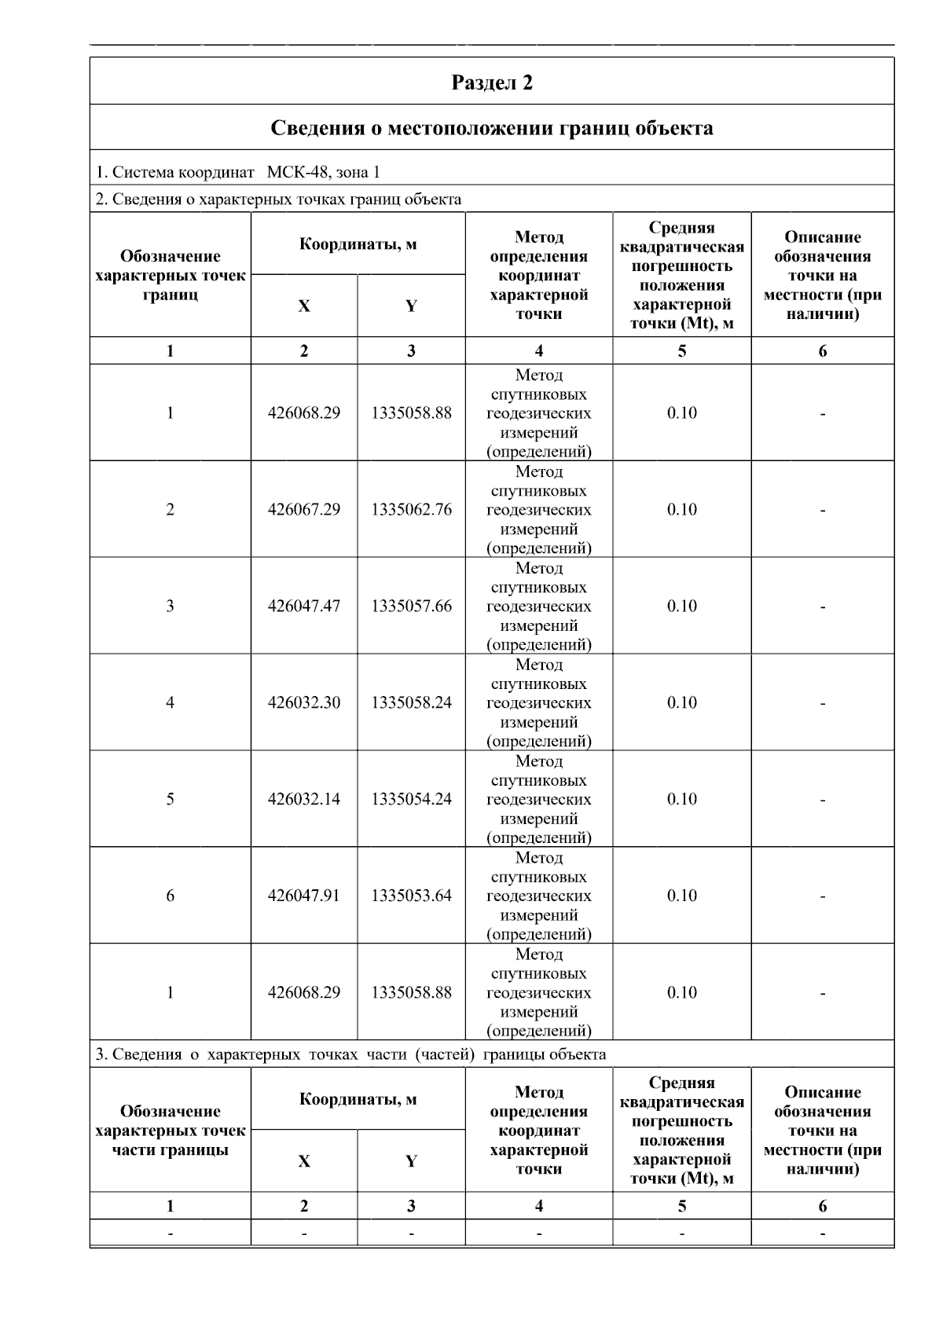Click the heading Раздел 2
click(x=492, y=82)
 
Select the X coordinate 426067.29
click(x=304, y=510)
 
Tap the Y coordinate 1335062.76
click(x=411, y=510)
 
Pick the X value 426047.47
click(x=304, y=607)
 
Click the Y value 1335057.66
click(x=411, y=607)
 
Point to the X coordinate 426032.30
click(x=304, y=703)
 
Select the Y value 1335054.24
click(x=411, y=800)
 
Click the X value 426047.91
click(x=304, y=896)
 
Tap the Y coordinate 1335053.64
click(x=411, y=896)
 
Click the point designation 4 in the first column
click(x=170, y=703)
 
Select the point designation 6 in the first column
click(x=170, y=896)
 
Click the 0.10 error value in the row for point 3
click(x=681, y=607)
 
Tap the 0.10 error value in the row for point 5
click(x=681, y=800)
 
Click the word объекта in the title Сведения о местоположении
click(x=671, y=128)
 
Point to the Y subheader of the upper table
click(x=411, y=306)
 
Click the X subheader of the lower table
click(x=304, y=1162)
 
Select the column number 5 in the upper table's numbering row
click(x=681, y=351)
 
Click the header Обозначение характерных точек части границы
click(x=170, y=1131)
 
